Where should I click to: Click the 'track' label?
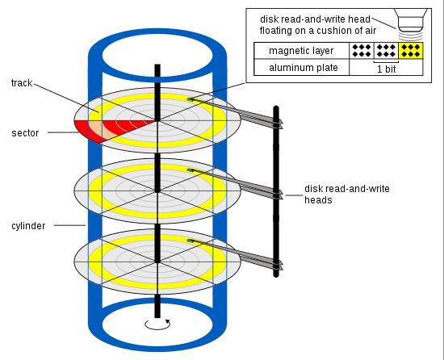[x=22, y=83]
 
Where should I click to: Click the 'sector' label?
[x=25, y=132]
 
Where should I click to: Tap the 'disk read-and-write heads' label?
[x=346, y=195]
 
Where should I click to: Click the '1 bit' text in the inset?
[x=386, y=69]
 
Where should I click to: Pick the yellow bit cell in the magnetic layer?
[x=411, y=51]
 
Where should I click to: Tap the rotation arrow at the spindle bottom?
[x=157, y=324]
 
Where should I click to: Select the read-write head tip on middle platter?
[x=191, y=170]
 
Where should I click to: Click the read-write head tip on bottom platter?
[x=191, y=241]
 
